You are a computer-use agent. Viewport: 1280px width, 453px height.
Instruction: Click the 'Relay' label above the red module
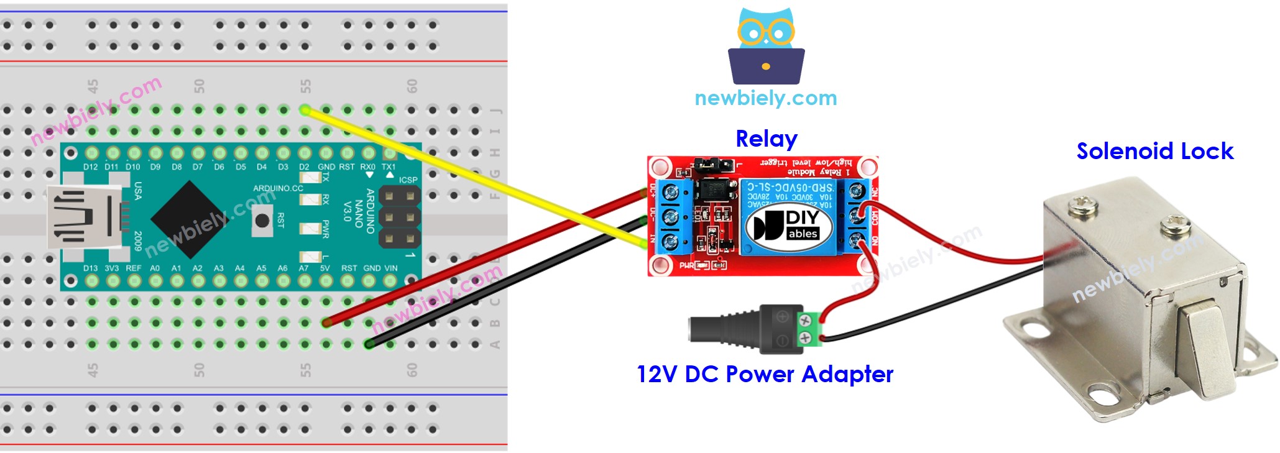(766, 139)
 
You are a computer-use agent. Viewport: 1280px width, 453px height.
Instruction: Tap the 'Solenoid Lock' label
(1154, 151)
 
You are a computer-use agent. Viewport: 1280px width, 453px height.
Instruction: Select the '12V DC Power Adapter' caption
(765, 374)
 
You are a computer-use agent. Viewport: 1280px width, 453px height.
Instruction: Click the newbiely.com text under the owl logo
(765, 98)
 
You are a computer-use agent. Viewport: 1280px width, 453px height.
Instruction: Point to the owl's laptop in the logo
(766, 66)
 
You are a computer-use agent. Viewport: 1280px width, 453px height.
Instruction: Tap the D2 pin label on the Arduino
(304, 167)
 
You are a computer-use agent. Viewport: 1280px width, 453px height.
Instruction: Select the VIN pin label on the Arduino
(390, 268)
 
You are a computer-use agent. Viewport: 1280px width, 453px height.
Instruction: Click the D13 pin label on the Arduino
(91, 268)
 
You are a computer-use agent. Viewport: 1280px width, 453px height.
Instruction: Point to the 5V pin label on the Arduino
(325, 268)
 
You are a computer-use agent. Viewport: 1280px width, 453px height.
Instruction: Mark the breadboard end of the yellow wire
(305, 110)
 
